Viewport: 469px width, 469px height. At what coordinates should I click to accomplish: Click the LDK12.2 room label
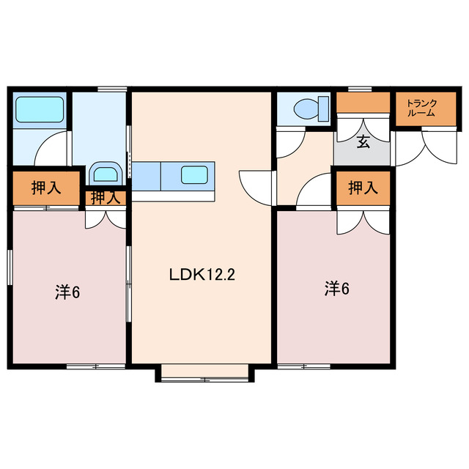tap(202, 274)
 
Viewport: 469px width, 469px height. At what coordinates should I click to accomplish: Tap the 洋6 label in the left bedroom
tap(67, 292)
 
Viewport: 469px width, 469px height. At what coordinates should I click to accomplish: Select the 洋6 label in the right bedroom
tap(337, 289)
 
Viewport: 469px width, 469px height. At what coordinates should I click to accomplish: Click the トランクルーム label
tap(421, 108)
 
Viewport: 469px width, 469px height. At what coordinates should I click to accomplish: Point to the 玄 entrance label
tap(363, 141)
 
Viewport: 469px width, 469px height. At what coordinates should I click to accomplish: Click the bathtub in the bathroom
tap(40, 109)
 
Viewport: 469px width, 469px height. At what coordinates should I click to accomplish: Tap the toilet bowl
tap(306, 108)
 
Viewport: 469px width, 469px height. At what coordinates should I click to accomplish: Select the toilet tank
tap(323, 108)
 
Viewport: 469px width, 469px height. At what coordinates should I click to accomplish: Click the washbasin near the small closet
tap(106, 173)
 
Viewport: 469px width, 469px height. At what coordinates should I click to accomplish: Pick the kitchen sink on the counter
tap(194, 174)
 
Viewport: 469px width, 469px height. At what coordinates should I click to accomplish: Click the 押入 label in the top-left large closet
tap(46, 188)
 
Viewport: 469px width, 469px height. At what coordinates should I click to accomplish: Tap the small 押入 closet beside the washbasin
tap(106, 198)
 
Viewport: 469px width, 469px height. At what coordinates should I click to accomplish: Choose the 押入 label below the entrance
tap(363, 188)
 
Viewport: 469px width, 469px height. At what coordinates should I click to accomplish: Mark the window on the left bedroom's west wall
tap(10, 267)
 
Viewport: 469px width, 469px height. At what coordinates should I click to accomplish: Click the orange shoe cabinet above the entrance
tap(363, 103)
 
